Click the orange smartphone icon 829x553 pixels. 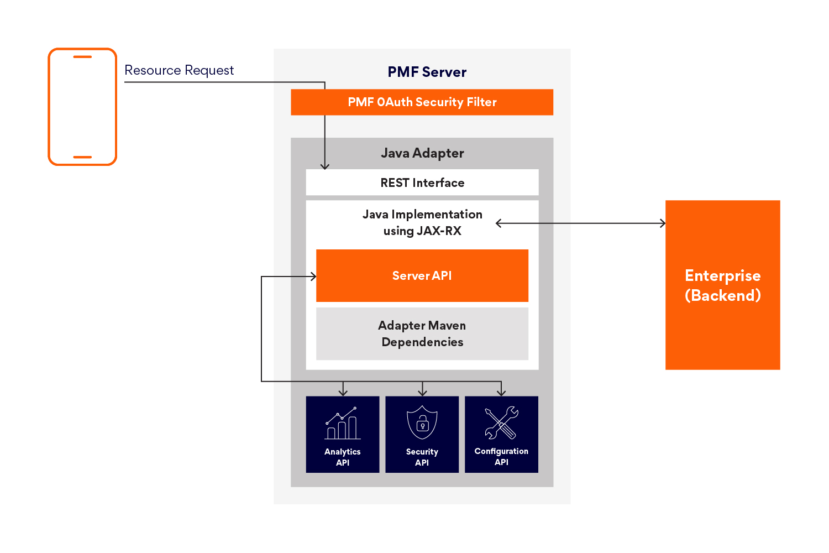[82, 107]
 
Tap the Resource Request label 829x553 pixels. [179, 70]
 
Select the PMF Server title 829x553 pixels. [427, 72]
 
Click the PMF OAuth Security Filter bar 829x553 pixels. [422, 102]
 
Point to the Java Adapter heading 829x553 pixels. [422, 153]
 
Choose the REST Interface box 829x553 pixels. [422, 182]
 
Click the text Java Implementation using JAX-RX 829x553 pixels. [422, 222]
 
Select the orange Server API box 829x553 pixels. [422, 275]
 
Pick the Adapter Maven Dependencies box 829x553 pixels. [422, 333]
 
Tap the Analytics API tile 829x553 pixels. [343, 435]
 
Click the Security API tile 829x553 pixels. [422, 435]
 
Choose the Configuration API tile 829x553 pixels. [501, 435]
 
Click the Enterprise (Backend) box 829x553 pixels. [722, 285]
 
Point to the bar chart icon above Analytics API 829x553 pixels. [343, 424]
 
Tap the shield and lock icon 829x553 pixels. [422, 423]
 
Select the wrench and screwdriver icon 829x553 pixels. [501, 423]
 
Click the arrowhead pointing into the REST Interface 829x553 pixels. [325, 166]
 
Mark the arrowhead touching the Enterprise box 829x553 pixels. [663, 223]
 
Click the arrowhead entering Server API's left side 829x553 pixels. [313, 276]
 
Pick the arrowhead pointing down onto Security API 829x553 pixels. [423, 393]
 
